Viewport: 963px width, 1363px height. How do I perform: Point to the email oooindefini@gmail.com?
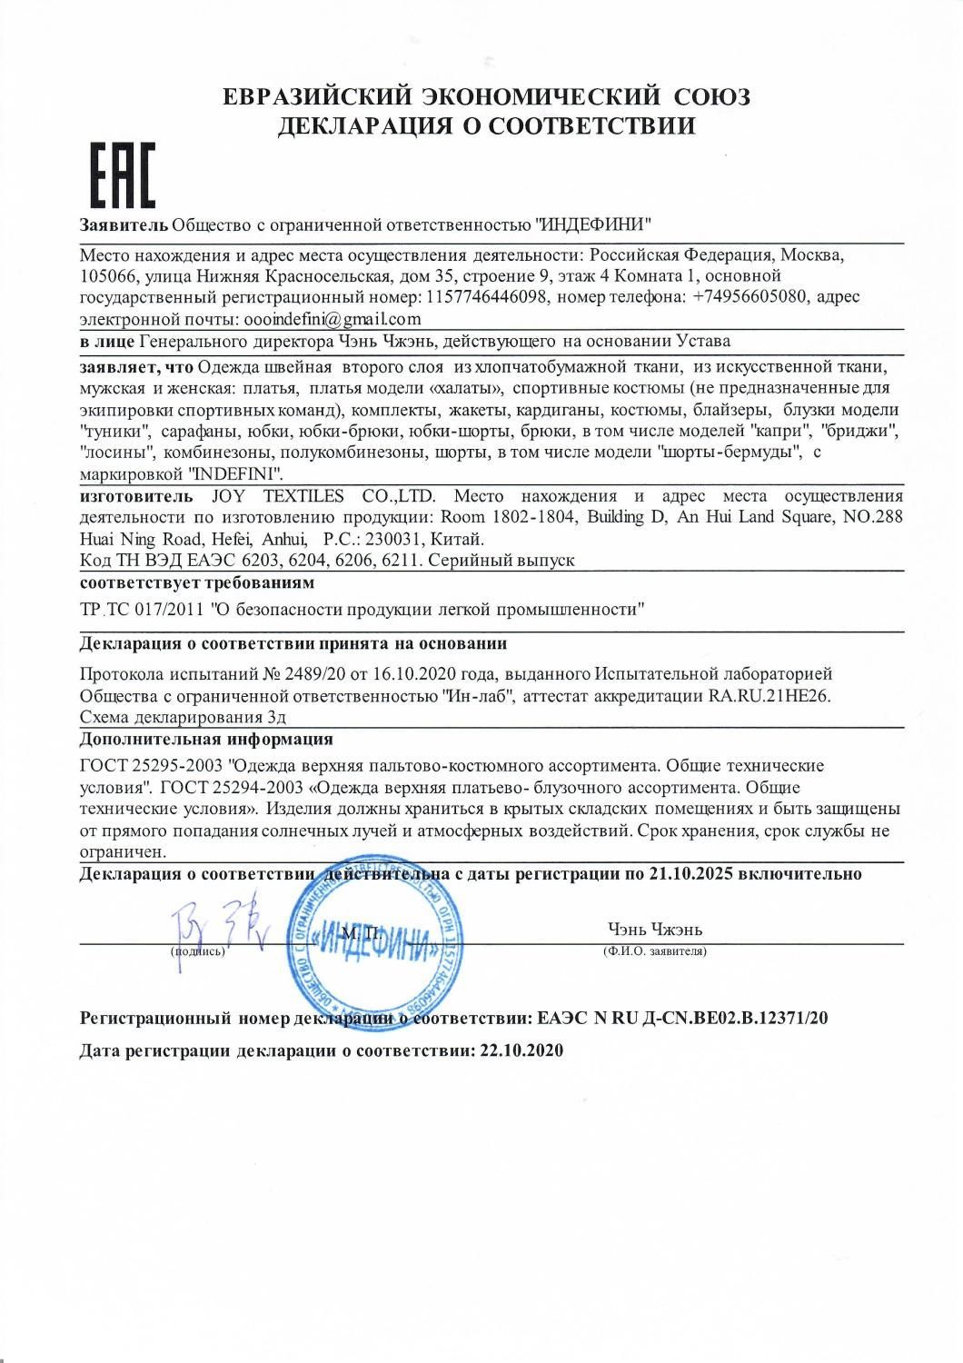coord(328,319)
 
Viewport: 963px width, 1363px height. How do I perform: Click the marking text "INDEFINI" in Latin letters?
coord(235,473)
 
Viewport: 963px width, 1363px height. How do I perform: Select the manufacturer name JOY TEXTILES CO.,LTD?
coord(324,496)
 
